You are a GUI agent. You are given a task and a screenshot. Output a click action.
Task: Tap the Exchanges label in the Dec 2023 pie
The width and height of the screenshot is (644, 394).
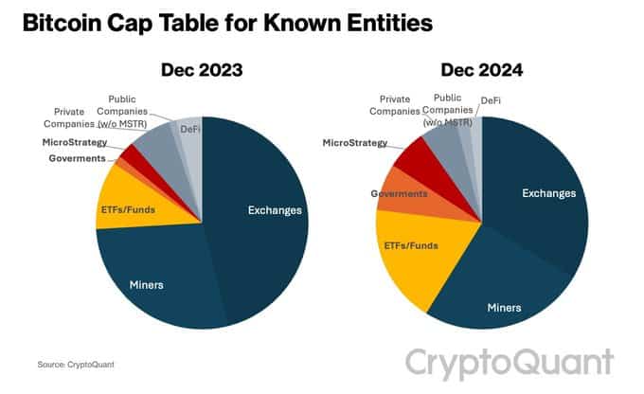pos(275,210)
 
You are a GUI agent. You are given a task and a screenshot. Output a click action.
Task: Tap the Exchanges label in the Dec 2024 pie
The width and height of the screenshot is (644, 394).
pos(548,193)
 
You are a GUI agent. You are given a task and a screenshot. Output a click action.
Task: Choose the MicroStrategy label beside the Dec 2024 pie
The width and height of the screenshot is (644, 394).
pos(355,143)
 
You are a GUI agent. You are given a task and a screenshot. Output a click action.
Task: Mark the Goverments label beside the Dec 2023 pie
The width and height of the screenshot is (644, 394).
pos(77,157)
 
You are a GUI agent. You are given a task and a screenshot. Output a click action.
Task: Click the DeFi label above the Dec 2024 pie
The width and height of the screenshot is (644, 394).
pos(492,100)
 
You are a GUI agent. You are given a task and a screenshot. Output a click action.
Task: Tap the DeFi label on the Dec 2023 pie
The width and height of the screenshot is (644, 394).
pos(189,129)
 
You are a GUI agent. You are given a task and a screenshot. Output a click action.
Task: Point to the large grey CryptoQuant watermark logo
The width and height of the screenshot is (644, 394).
pos(510,363)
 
